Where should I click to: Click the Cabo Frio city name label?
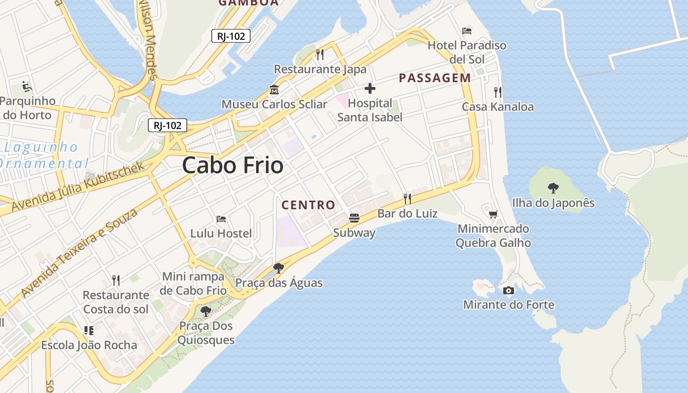(x=232, y=166)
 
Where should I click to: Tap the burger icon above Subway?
(x=354, y=217)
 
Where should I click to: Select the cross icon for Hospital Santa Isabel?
(x=370, y=88)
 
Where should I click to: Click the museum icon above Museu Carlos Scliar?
(x=274, y=90)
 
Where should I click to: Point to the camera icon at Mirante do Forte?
(x=509, y=290)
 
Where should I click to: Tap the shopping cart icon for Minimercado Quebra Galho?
(x=493, y=214)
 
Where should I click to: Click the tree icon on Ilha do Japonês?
(x=553, y=188)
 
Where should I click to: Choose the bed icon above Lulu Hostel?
(x=221, y=219)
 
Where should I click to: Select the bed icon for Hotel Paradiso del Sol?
(x=467, y=31)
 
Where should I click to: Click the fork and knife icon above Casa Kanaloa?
(x=498, y=92)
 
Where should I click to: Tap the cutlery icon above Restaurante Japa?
(x=320, y=54)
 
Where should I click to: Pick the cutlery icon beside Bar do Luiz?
(x=407, y=198)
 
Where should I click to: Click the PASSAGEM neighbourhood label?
(x=435, y=78)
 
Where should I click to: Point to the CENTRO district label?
(x=308, y=205)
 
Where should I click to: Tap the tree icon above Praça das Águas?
(x=279, y=268)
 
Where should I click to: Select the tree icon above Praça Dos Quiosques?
(x=206, y=311)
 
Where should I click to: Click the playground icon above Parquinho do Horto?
(x=27, y=86)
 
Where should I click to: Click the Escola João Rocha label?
(x=89, y=345)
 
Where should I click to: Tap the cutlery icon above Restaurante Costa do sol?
(x=116, y=280)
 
